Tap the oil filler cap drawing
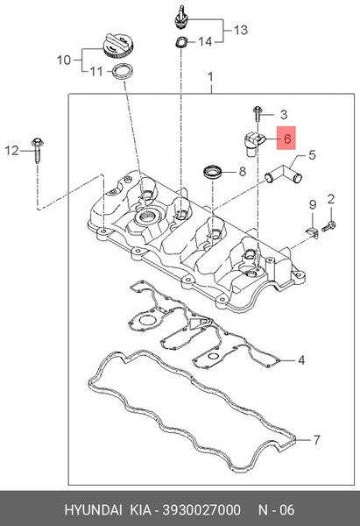(118, 46)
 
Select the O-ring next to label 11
(124, 71)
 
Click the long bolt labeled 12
(37, 150)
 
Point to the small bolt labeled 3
(258, 113)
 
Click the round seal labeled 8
(213, 172)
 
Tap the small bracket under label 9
(313, 231)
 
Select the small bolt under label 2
(328, 226)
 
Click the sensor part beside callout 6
(254, 144)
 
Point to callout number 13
(241, 30)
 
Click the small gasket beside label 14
(182, 42)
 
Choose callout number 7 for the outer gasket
(317, 439)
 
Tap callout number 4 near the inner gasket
(301, 360)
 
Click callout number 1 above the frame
(210, 77)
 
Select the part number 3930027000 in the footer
(201, 509)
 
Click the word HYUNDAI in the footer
(93, 509)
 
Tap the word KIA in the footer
(140, 509)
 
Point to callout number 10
(64, 60)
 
